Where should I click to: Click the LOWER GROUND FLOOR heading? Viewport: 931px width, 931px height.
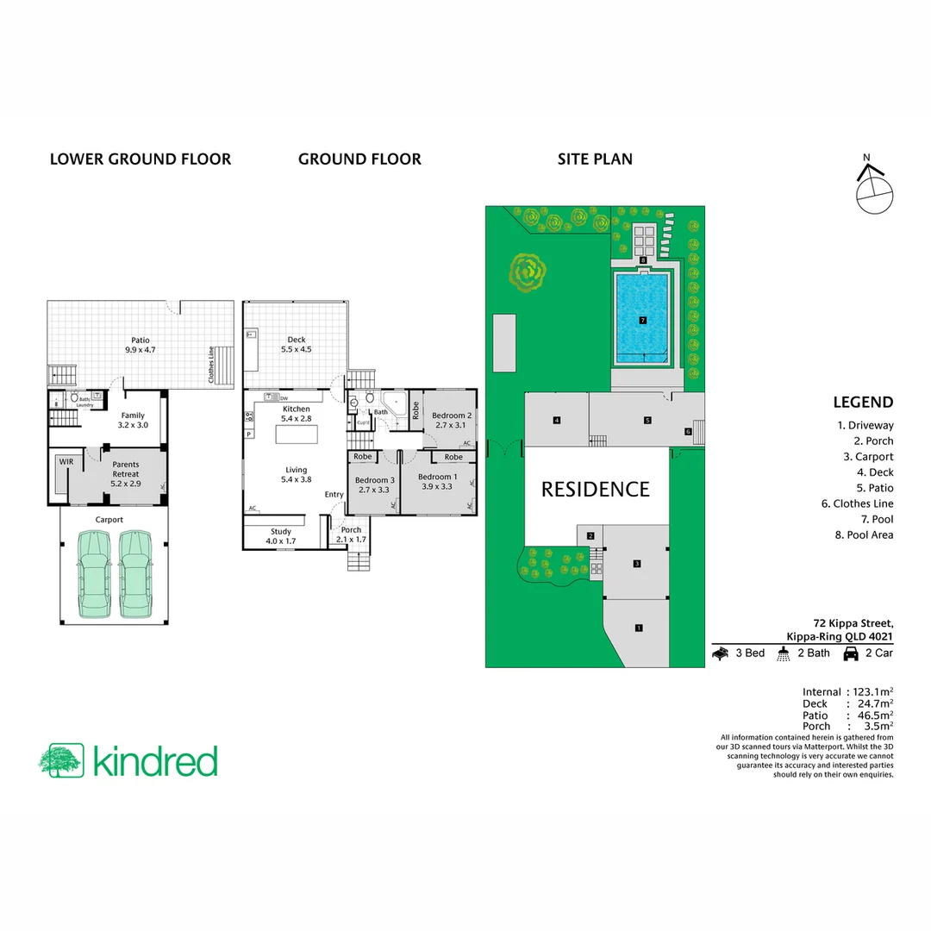(141, 159)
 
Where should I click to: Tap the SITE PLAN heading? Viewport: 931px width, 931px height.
(595, 159)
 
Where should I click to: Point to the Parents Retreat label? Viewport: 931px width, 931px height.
(125, 470)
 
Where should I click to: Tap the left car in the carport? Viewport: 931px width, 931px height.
(93, 574)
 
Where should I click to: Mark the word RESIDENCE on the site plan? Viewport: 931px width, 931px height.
(595, 490)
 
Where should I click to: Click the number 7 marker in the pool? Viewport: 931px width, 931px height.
(643, 320)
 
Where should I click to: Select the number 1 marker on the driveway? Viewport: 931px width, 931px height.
(638, 628)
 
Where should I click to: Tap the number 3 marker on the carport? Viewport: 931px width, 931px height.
(636, 564)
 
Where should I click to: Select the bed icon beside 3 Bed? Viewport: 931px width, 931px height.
(721, 653)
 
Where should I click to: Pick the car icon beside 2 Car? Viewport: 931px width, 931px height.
(850, 653)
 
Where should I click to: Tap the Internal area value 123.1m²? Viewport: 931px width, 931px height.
(872, 692)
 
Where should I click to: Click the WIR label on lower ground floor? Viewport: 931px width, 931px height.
(66, 462)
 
